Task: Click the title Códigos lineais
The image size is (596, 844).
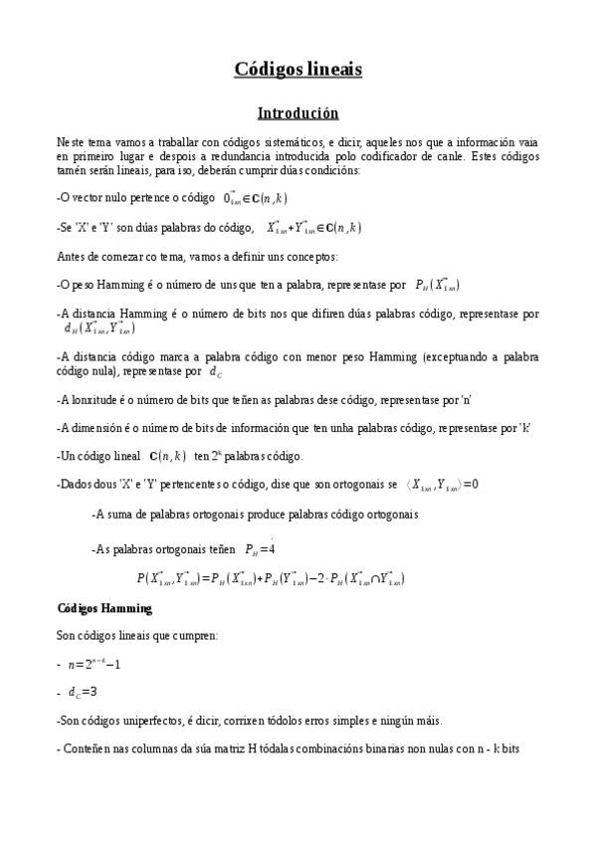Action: coord(298,69)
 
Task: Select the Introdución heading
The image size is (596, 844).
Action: coord(298,113)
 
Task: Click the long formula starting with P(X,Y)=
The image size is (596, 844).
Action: coord(270,577)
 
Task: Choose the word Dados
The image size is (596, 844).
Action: coord(77,485)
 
